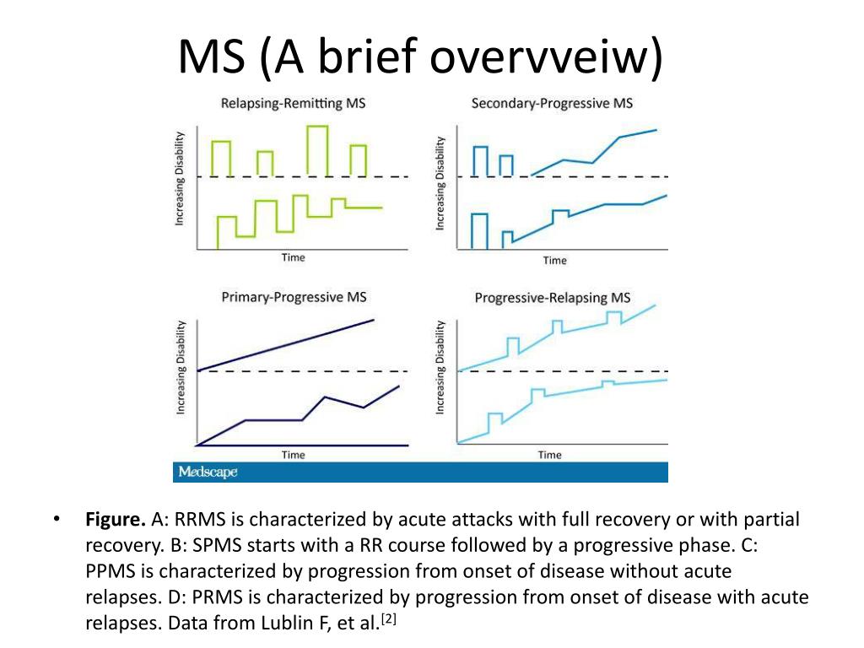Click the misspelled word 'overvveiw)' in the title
(546, 57)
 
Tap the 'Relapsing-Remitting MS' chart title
(293, 104)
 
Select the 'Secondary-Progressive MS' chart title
(552, 104)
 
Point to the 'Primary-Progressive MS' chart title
(294, 298)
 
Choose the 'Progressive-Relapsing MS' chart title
(553, 298)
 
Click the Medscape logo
(208, 472)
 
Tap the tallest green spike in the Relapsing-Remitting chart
(318, 151)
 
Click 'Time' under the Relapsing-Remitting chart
(293, 257)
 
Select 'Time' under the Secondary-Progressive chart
(555, 261)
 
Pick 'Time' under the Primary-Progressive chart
(293, 455)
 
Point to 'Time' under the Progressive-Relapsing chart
(550, 455)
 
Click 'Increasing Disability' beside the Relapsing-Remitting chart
(179, 179)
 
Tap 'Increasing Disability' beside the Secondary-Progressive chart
(440, 183)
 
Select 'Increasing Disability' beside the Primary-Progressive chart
(181, 367)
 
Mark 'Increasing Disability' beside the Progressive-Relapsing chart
(440, 367)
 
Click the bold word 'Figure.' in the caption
(115, 520)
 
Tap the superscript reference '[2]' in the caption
(388, 618)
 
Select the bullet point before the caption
(57, 519)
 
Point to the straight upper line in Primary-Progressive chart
(285, 345)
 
